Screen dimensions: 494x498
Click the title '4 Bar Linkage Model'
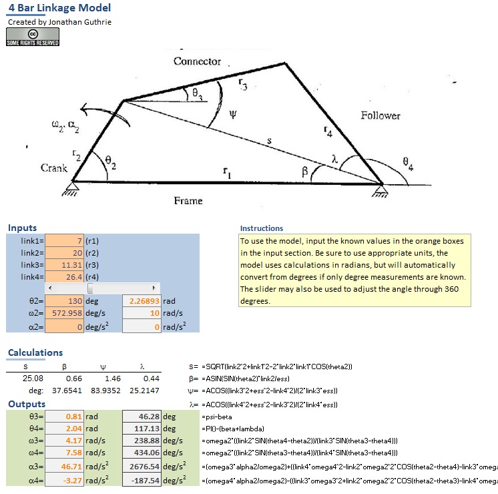pos(59,8)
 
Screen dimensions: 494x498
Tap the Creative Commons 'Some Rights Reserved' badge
pos(33,37)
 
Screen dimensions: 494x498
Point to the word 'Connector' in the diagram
pos(197,61)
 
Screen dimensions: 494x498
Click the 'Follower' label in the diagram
pos(381,115)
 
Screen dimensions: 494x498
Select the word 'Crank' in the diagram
pos(54,168)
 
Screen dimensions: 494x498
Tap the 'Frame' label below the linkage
pos(188,200)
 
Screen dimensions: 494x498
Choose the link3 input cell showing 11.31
pos(64,265)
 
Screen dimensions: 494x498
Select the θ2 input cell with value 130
pos(64,301)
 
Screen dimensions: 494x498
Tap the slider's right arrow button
pos(154,288)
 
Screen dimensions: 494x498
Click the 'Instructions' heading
pos(262,228)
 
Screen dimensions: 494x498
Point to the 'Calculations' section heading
pos(35,352)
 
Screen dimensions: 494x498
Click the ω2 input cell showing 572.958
pos(64,314)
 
